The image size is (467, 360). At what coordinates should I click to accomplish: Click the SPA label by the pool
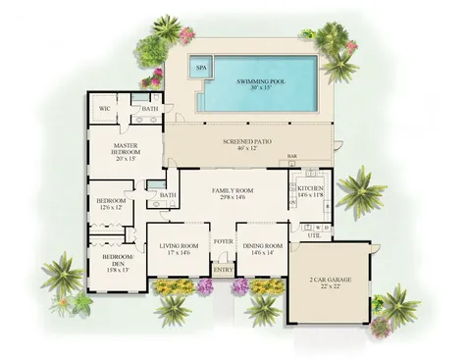pos(201,68)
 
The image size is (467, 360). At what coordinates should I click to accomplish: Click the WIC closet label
pos(105,109)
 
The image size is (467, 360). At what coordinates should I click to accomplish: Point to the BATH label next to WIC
pos(150,109)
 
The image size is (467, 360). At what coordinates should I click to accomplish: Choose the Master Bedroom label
pos(127,149)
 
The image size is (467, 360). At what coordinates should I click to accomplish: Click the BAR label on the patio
pos(292,156)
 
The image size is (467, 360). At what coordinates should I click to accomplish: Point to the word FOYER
pos(224,240)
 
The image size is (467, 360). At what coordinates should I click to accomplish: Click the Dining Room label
pos(264,246)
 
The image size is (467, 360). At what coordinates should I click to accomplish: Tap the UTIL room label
pos(314,236)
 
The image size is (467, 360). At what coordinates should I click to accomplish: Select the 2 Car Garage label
pos(332,279)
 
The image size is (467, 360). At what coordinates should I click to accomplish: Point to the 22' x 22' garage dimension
pos(332,286)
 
